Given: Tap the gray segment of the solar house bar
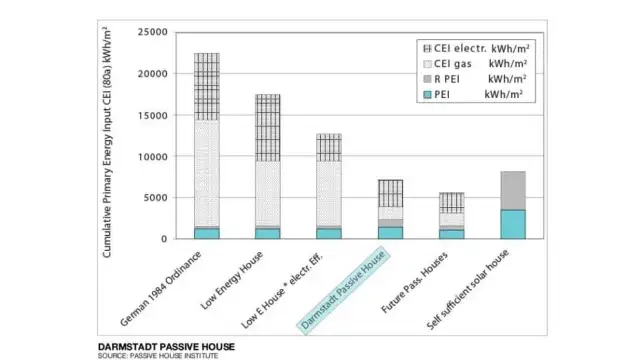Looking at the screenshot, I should (x=513, y=190).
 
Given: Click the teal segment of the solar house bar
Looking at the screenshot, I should (x=513, y=224).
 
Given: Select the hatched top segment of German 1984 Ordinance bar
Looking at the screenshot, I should (x=207, y=86).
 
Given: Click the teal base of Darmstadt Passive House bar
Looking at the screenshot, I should (x=390, y=233).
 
